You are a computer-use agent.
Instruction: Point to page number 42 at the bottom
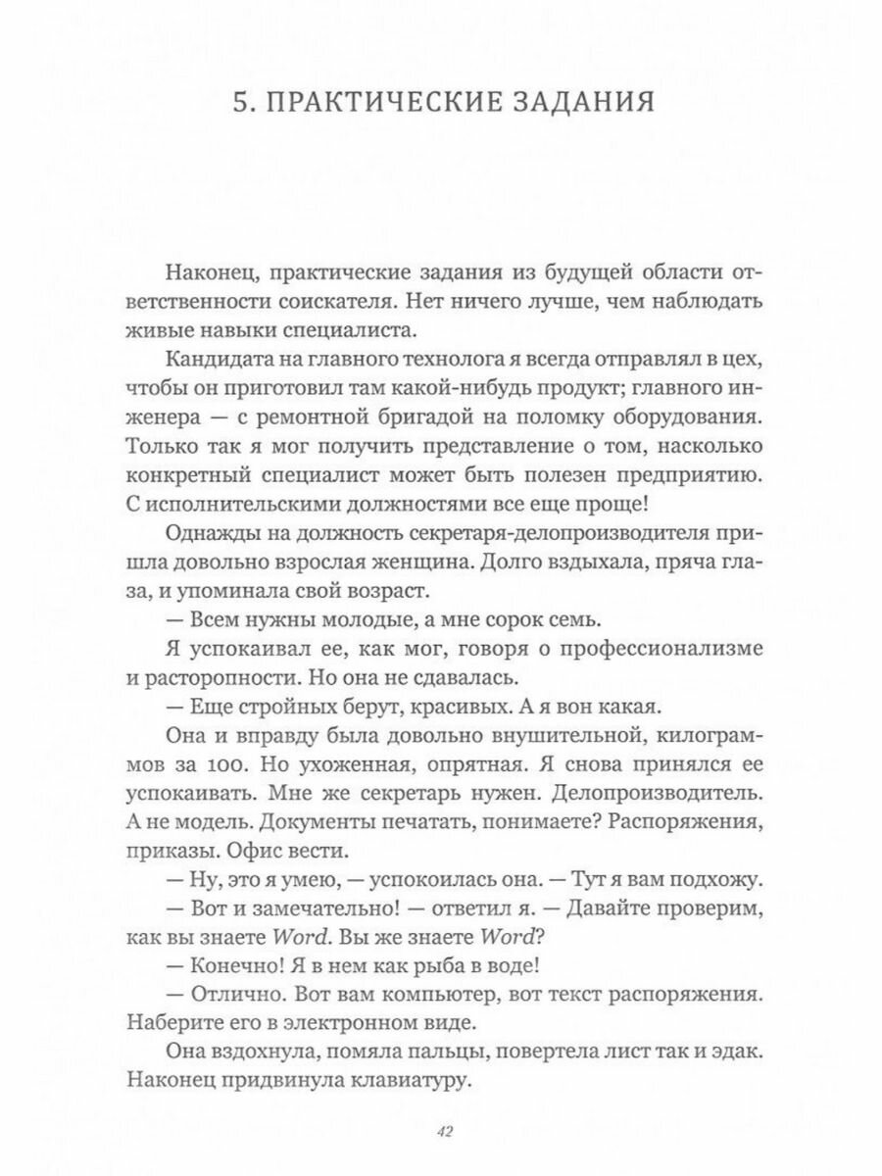coord(441,1133)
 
